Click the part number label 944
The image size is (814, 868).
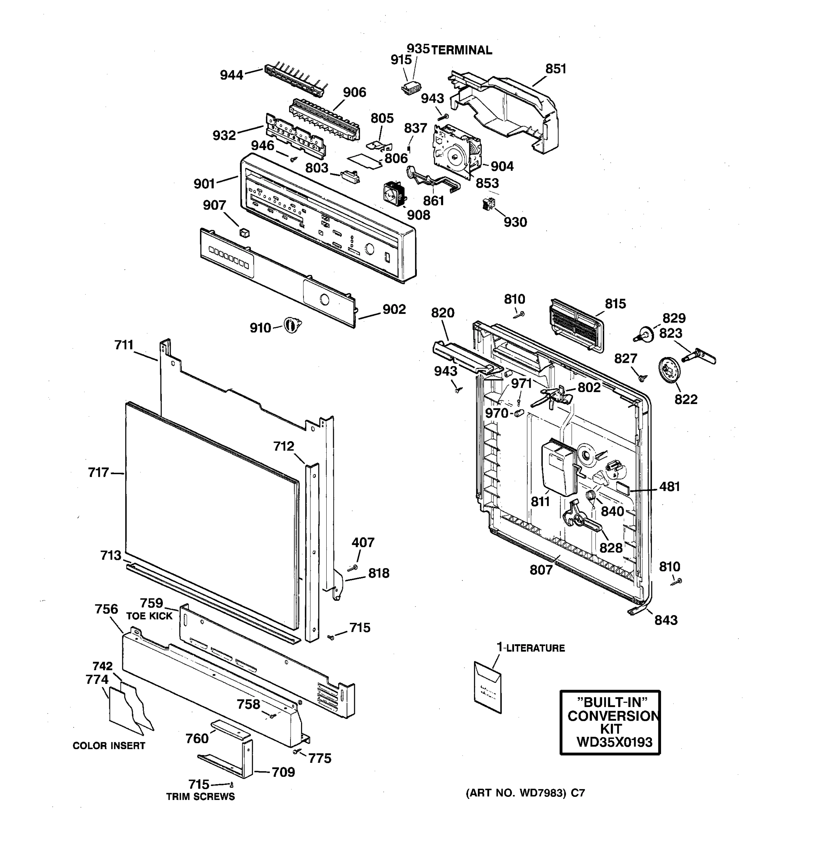click(232, 75)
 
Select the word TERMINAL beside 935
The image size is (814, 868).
click(462, 51)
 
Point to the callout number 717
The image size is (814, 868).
click(98, 472)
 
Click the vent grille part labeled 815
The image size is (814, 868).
click(576, 325)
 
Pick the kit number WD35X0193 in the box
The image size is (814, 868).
click(614, 742)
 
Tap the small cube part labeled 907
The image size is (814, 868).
click(245, 232)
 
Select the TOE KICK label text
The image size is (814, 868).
click(149, 616)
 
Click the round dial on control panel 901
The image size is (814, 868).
click(369, 249)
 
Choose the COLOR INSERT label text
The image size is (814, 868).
click(109, 746)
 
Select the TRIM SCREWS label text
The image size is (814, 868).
click(200, 796)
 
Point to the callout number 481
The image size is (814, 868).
click(669, 486)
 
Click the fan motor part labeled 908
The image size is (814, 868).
click(394, 194)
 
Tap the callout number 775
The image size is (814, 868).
click(320, 758)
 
